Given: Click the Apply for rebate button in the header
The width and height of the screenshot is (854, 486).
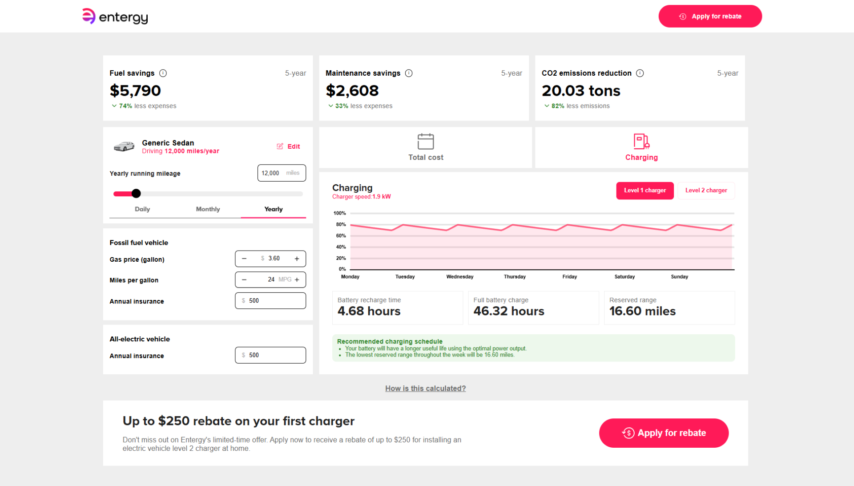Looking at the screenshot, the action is [x=710, y=16].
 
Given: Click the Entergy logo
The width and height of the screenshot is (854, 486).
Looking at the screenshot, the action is [x=115, y=16].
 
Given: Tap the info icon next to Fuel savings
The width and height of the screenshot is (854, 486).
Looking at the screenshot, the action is [x=163, y=73].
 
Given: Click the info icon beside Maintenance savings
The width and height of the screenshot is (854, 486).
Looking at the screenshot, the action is [x=409, y=73].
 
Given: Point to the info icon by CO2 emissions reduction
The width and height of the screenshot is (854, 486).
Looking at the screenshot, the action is [x=640, y=73].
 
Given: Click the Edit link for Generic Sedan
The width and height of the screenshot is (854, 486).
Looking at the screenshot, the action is [x=288, y=146].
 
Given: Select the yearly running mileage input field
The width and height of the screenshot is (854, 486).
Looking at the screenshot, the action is [x=282, y=173].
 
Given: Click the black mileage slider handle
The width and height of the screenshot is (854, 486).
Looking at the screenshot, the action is [x=136, y=194].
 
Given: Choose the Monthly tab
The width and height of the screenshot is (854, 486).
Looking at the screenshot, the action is [x=208, y=209].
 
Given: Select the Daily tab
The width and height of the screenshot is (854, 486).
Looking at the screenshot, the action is [x=142, y=209].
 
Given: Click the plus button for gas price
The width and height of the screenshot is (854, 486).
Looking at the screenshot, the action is [x=297, y=259].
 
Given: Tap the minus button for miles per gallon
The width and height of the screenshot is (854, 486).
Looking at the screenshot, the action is [x=244, y=280].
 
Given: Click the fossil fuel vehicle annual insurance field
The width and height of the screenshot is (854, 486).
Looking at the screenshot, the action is [x=270, y=301].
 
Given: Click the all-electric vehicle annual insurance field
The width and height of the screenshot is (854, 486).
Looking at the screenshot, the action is [x=270, y=355].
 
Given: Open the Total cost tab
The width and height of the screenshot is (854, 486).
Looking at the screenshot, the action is [x=426, y=148].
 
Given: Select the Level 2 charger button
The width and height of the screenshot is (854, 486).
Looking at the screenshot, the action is [x=706, y=190].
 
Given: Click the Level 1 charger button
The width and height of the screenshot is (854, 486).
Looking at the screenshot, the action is [x=645, y=190].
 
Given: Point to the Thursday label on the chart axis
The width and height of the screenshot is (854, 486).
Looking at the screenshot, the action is [x=515, y=277].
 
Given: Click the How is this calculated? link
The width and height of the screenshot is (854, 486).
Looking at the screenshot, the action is [x=426, y=389].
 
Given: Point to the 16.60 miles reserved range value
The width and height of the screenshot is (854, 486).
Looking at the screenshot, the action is [x=642, y=311].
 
